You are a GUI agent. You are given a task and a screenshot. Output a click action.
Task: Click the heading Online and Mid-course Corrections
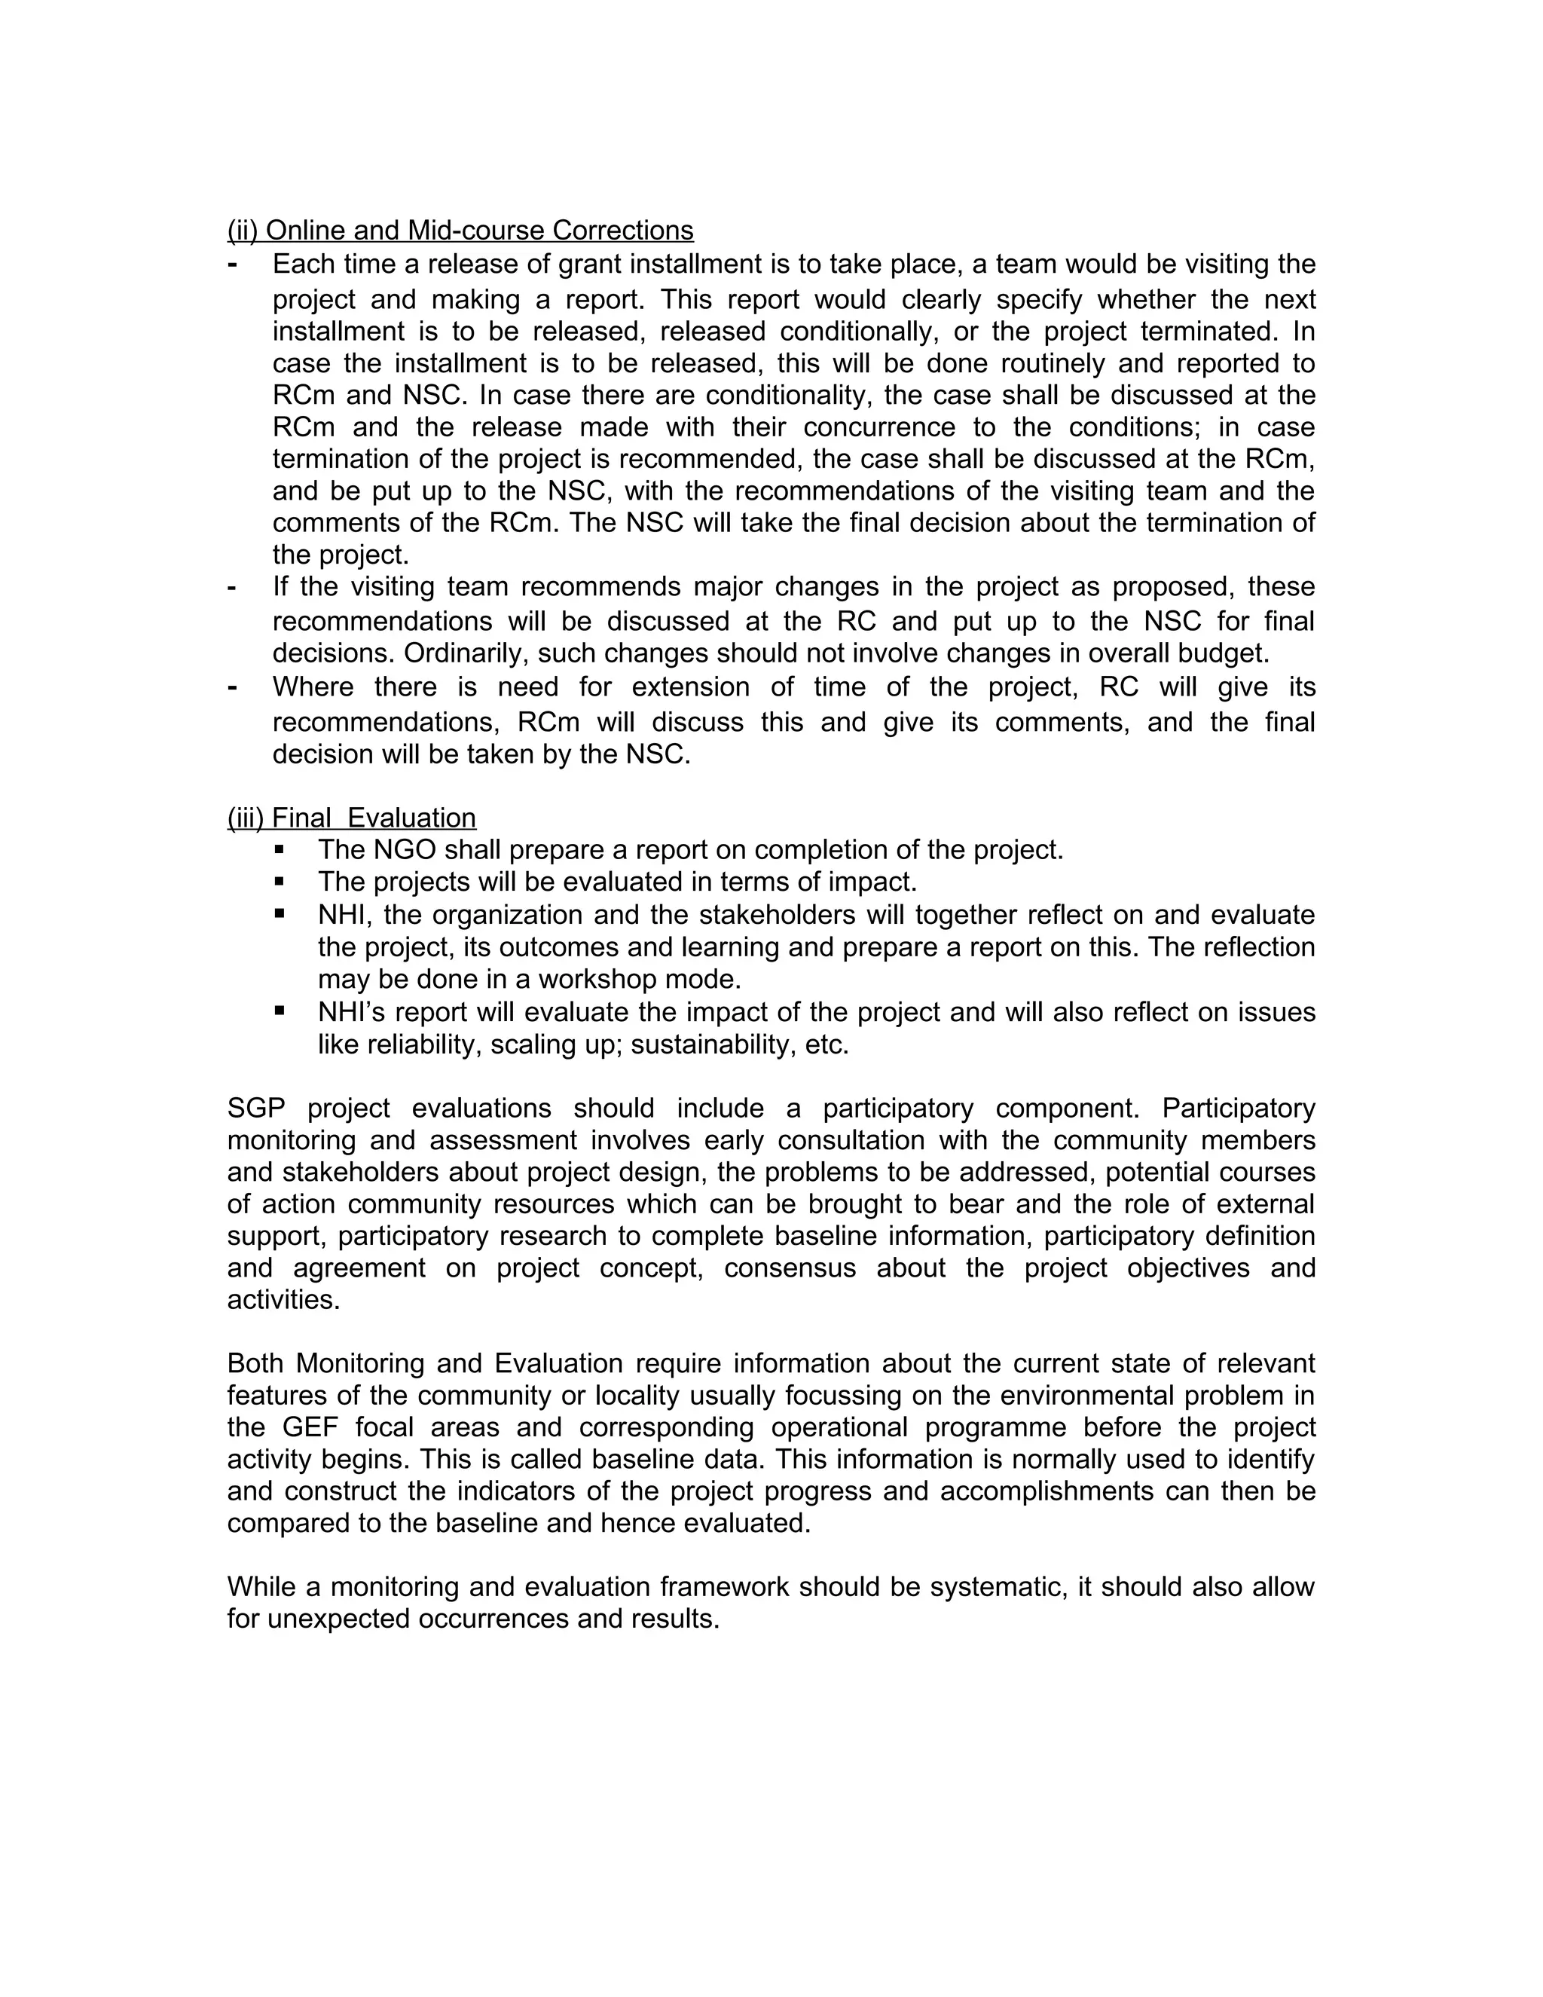point(460,231)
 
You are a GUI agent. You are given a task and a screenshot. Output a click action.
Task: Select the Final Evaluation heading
point(352,818)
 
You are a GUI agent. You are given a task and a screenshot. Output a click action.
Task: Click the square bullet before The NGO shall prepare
point(279,849)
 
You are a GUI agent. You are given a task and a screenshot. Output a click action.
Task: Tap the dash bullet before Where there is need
point(232,687)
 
